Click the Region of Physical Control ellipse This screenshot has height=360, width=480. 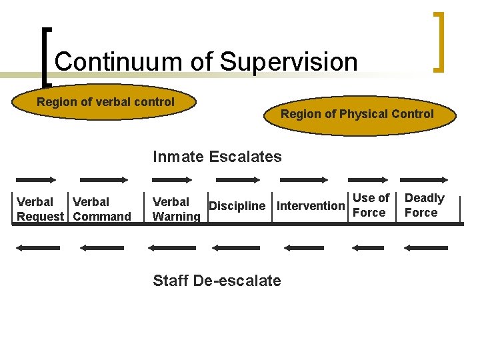pyautogui.click(x=357, y=114)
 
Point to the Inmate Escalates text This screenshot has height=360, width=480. pyautogui.click(x=217, y=157)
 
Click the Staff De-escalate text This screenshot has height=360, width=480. pyautogui.click(x=217, y=281)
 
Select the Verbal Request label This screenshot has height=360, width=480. pyautogui.click(x=40, y=209)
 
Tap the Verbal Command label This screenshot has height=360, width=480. pyautogui.click(x=102, y=209)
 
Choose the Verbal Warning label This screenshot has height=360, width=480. pyautogui.click(x=176, y=209)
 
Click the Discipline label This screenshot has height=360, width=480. pyautogui.click(x=237, y=206)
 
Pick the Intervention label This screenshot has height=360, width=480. pyautogui.click(x=310, y=206)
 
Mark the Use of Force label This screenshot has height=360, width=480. pyautogui.click(x=370, y=205)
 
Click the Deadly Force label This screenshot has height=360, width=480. pyautogui.click(x=424, y=205)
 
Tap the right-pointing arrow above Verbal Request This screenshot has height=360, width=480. pyautogui.click(x=37, y=179)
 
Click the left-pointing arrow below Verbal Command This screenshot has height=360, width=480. pyautogui.click(x=101, y=247)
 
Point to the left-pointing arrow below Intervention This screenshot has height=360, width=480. pyautogui.click(x=303, y=247)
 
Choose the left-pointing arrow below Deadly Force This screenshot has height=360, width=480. pyautogui.click(x=425, y=247)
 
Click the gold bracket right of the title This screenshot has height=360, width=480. pyautogui.click(x=439, y=41)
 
